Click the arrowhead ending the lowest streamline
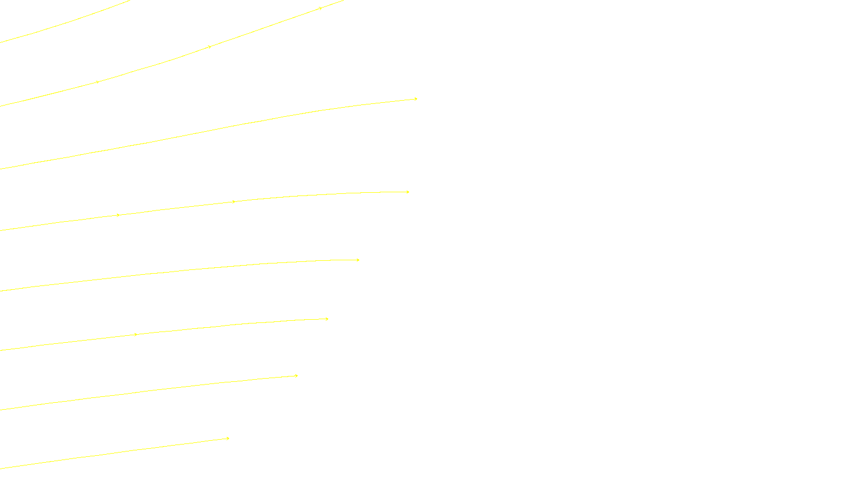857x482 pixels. (x=228, y=439)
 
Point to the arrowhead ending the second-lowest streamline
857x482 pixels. (x=296, y=376)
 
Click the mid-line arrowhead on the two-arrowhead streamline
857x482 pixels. (x=136, y=335)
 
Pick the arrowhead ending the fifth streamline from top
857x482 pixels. (x=358, y=260)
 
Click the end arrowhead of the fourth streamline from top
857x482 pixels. (x=408, y=192)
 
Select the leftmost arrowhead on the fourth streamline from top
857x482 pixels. (x=118, y=215)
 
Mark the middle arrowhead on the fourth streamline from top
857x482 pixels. (x=234, y=202)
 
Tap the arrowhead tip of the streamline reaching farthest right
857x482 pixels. (x=416, y=99)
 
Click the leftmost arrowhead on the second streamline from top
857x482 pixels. (x=97, y=82)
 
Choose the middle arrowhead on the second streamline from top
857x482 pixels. (x=209, y=47)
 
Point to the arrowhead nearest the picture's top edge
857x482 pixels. (x=320, y=9)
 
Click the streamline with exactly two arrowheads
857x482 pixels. (x=214, y=327)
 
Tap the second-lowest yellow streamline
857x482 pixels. (x=150, y=391)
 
